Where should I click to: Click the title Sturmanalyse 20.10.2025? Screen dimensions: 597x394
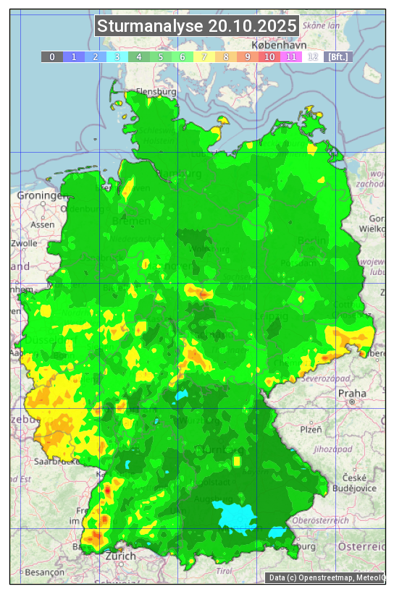[197, 26]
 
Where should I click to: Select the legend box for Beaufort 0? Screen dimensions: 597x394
[52, 56]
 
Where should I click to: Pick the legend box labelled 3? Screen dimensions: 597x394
[117, 56]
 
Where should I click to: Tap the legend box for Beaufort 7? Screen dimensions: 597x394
[204, 56]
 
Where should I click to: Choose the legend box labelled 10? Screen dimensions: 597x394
[269, 56]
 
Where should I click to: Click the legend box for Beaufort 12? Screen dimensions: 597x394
[313, 56]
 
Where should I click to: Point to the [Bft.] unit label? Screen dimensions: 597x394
[338, 56]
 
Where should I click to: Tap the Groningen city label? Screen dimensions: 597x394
[40, 196]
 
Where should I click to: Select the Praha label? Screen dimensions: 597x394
[347, 393]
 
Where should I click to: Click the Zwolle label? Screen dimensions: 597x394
[24, 243]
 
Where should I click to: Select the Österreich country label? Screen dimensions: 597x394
[362, 545]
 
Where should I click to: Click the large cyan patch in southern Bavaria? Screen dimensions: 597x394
[236, 515]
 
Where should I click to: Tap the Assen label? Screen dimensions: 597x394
[42, 224]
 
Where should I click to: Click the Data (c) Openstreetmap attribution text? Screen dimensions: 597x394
[326, 577]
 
